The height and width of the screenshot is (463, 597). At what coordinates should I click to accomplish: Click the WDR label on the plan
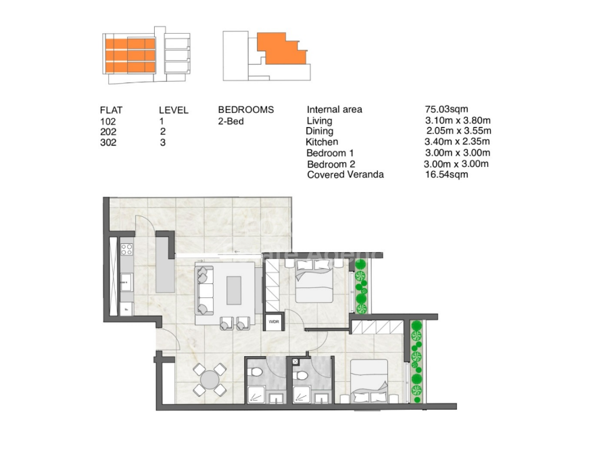(x=274, y=322)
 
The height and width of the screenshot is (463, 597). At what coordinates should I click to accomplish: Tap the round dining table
(x=210, y=379)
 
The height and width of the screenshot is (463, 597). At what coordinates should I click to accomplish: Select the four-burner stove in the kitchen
(x=126, y=251)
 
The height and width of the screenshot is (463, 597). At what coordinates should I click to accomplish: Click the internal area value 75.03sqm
(x=446, y=109)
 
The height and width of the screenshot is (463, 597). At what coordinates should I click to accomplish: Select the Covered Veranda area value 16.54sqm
(x=446, y=174)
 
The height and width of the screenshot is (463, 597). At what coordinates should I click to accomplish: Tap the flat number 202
(x=108, y=132)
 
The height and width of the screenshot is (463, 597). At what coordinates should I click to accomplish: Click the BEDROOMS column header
(x=246, y=109)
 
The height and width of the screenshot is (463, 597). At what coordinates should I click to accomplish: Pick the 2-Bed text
(x=231, y=121)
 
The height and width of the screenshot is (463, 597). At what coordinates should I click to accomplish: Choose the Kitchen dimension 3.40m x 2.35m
(x=456, y=141)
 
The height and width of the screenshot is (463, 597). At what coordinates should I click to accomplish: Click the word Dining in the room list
(x=319, y=131)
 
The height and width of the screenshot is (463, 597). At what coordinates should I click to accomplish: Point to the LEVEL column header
(x=174, y=110)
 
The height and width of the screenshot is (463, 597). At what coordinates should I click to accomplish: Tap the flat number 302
(x=108, y=143)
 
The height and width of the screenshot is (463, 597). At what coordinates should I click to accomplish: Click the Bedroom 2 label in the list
(x=331, y=164)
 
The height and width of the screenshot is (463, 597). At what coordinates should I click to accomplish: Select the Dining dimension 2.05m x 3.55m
(x=458, y=130)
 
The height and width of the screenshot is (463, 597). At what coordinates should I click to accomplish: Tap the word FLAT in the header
(x=111, y=110)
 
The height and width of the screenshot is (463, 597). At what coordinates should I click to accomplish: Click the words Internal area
(x=335, y=109)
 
